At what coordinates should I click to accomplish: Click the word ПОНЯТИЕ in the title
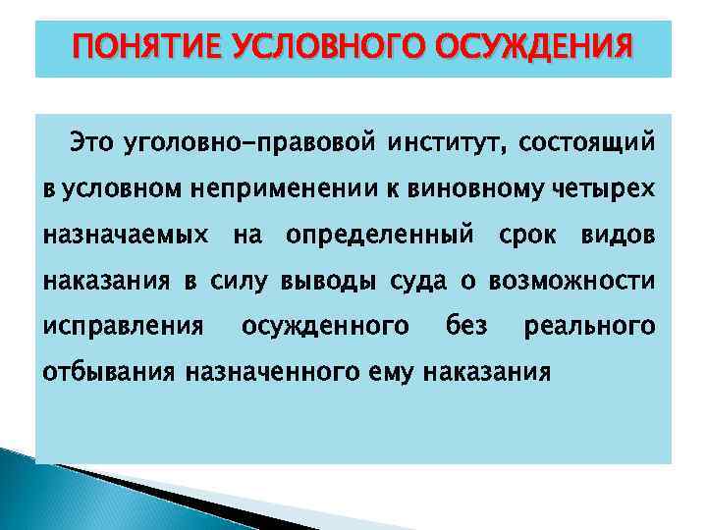click(x=147, y=46)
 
